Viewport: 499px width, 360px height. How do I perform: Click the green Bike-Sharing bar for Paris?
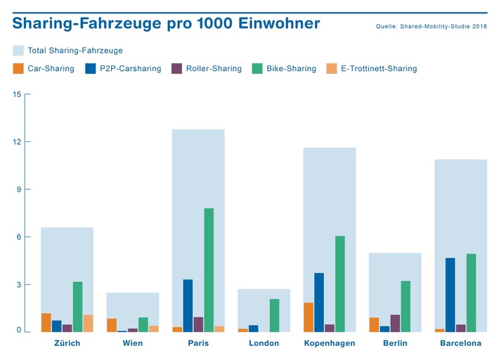coord(209,270)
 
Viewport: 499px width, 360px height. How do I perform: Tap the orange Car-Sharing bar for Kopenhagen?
coord(309,317)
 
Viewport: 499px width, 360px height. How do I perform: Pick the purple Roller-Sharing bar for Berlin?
coord(395,323)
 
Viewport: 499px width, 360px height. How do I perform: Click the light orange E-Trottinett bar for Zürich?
coord(88,323)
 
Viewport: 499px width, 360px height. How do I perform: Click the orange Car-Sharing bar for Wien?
coord(112,325)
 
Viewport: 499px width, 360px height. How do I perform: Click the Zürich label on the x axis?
coord(67,343)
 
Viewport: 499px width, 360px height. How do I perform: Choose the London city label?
coord(264,343)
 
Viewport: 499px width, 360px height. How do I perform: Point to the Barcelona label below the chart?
coord(460,343)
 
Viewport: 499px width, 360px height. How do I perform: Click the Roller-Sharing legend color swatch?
coord(177,69)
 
